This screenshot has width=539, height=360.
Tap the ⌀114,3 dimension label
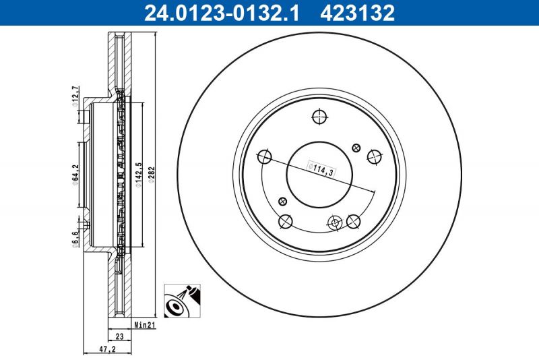[x=320, y=169]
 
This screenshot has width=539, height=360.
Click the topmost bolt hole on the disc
[x=319, y=117]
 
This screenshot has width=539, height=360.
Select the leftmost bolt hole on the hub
[x=264, y=157]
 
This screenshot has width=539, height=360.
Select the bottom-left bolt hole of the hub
[x=285, y=221]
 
